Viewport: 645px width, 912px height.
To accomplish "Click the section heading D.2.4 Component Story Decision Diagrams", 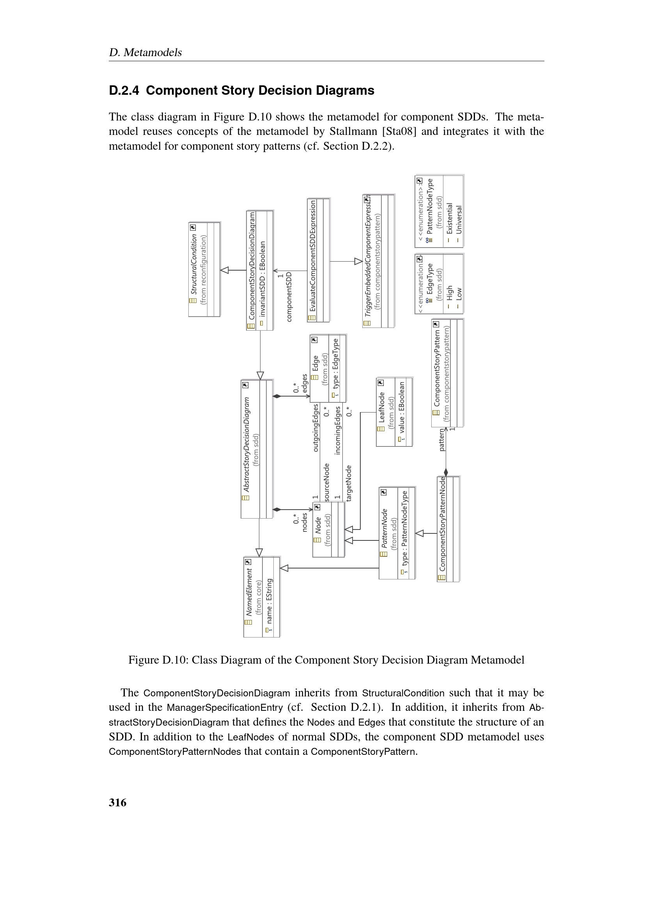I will (x=241, y=90).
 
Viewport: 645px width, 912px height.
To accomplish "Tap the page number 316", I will (x=117, y=802).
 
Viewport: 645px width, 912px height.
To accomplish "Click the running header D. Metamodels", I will (x=145, y=52).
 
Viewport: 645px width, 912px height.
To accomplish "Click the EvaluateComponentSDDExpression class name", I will (x=313, y=256).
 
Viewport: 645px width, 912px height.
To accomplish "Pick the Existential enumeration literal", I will (x=450, y=219).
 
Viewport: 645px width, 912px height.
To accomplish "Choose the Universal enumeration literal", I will (x=459, y=220).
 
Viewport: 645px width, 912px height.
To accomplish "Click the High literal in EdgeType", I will (x=450, y=293).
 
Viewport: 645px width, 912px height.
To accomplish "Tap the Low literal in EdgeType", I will (x=459, y=294).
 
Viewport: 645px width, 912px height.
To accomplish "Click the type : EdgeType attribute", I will (x=336, y=364).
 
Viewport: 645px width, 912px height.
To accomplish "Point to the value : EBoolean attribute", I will (x=402, y=407).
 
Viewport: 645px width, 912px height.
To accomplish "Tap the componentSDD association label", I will (x=289, y=297).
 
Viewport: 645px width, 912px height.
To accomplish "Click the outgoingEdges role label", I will (x=316, y=428).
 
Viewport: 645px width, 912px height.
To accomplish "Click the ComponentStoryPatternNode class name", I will (x=443, y=524).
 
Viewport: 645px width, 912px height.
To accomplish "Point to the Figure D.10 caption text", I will (x=326, y=660).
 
